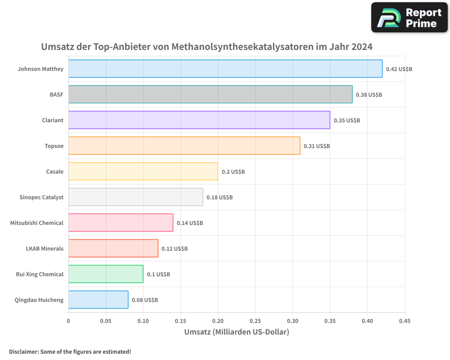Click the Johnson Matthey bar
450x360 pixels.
225,69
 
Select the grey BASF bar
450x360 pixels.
210,94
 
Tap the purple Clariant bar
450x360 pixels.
199,120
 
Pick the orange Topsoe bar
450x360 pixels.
184,146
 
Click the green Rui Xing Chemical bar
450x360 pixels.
106,274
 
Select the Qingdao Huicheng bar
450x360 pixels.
98,300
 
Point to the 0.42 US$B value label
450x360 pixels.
399,69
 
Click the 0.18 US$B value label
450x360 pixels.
220,198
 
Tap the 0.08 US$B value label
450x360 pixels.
145,300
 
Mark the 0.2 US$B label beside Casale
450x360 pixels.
233,172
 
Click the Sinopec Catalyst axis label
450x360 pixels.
41,198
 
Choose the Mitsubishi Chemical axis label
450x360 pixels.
37,223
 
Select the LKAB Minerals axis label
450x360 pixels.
45,249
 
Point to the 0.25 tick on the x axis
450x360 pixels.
255,321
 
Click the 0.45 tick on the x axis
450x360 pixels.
405,321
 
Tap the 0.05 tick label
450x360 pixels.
106,321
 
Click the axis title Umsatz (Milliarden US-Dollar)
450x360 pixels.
237,332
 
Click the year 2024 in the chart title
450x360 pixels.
362,46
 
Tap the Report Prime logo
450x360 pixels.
409,18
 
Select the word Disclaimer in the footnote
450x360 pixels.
23,352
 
